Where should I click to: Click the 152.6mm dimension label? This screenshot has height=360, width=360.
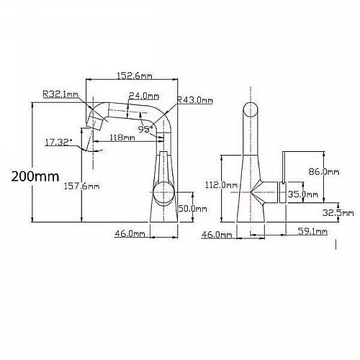tap(135, 76)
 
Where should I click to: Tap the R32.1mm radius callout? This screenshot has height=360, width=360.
tap(60, 94)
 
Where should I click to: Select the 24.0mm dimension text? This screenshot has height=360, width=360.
tap(144, 96)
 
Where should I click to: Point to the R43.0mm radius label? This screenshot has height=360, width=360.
tap(195, 100)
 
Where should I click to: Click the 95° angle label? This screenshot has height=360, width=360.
tap(145, 129)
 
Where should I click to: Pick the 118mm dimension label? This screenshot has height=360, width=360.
tap(122, 138)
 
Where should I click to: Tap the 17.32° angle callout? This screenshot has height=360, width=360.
tap(58, 143)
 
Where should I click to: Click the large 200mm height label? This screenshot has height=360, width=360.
tap(35, 176)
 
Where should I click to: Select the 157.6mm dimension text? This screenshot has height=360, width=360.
tap(81, 186)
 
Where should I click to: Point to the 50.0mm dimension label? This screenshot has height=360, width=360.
tap(192, 209)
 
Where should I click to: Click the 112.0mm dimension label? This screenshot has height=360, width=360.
tap(221, 185)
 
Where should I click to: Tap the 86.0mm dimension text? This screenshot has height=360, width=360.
tap(324, 172)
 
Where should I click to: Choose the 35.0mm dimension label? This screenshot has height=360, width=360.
tap(303, 194)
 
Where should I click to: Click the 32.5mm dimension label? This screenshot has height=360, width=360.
tap(338, 212)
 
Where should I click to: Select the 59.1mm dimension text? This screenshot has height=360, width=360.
tap(312, 231)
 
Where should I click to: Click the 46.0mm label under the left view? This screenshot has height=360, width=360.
tap(130, 233)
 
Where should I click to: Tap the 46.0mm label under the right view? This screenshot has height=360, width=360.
tap(217, 235)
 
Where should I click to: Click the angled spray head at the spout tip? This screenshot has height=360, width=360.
tap(94, 122)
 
